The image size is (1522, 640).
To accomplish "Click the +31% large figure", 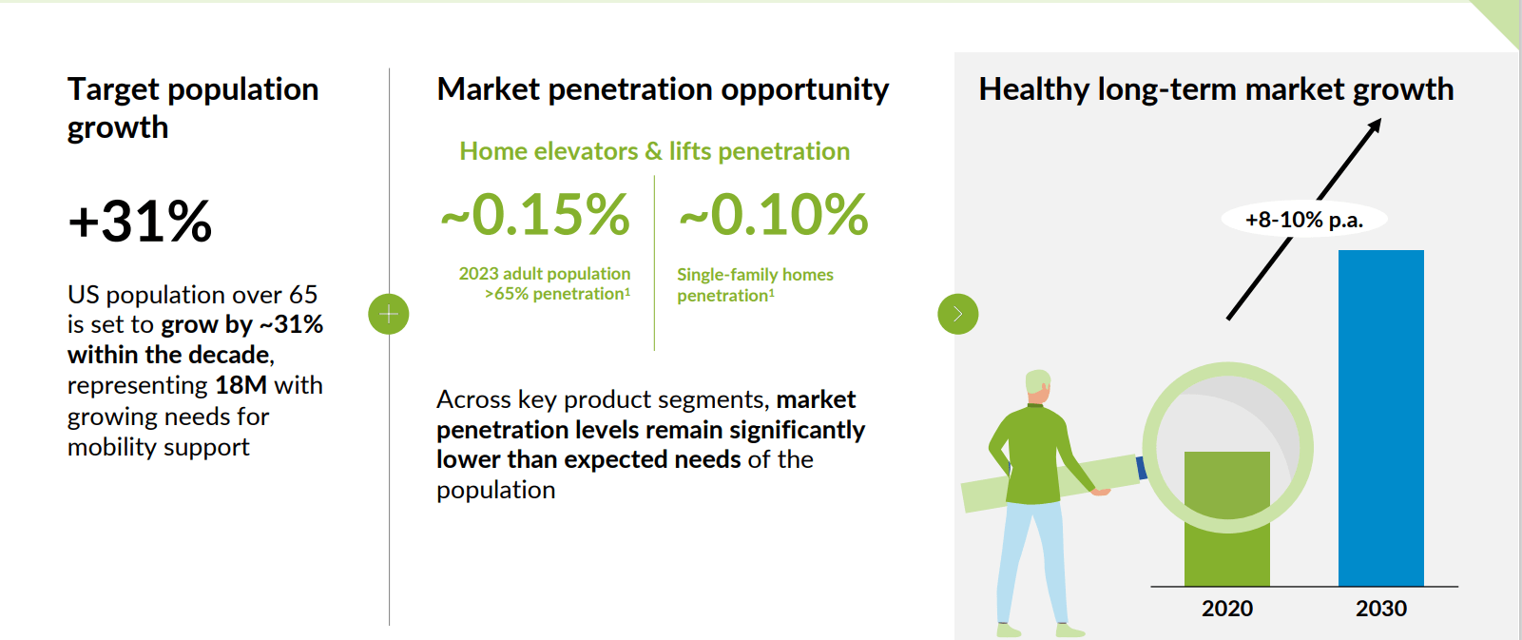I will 140,222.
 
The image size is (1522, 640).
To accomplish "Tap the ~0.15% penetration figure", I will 535,215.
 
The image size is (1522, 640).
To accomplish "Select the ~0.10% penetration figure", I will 774,215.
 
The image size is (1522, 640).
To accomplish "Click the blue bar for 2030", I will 1380,418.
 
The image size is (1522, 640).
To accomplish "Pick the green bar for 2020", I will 1226,533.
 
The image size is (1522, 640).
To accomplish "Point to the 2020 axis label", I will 1226,609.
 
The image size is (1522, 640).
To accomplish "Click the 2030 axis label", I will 1380,609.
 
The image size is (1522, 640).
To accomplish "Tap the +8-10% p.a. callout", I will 1303,220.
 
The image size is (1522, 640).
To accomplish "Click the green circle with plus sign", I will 389,314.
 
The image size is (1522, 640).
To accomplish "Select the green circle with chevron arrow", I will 957,314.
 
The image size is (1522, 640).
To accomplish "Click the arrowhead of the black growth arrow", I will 1375,126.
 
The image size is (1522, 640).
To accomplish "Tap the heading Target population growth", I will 192,107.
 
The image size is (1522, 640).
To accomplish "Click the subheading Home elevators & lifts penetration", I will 654,151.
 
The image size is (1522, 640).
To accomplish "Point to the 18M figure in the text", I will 241,385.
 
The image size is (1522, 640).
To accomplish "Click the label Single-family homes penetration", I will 754,284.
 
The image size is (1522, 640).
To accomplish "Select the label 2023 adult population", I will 544,274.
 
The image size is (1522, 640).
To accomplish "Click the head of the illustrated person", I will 1038,385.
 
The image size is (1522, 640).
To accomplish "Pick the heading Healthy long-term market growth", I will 1216,89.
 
